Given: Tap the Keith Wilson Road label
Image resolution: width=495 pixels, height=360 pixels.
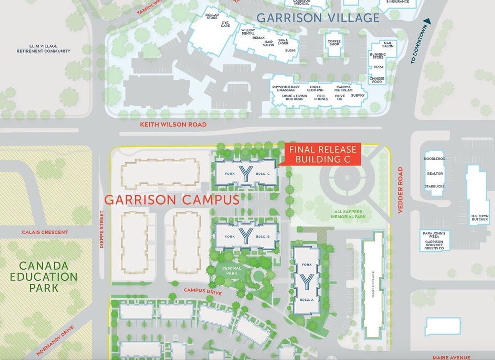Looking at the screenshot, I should tap(173, 124).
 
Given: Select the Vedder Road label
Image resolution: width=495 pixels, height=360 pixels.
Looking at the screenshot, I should tap(400, 190).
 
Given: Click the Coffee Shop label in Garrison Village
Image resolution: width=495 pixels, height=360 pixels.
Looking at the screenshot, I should tap(334, 43).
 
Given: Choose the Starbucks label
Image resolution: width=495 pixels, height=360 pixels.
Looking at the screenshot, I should tap(434, 186).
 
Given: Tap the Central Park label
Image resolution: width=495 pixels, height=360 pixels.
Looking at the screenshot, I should tap(232, 271).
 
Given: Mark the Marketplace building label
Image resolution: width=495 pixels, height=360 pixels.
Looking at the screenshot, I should tap(373, 284).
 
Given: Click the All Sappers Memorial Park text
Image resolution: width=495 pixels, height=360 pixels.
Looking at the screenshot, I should tap(348, 214).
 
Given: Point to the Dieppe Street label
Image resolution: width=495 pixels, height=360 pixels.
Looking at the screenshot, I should tap(102, 230).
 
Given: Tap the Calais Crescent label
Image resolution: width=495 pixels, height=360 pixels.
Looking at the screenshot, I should tap(45, 232).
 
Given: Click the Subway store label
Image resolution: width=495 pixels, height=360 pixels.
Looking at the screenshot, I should tap(358, 95).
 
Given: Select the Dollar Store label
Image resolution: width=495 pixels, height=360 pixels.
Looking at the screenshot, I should tap(212, 16).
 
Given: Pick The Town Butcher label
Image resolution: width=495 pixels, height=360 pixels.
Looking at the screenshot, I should tap(480, 217).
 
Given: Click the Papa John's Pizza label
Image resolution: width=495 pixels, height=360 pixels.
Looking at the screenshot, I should tap(434, 235).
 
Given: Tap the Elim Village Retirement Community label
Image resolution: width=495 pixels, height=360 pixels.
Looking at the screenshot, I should tap(43, 48).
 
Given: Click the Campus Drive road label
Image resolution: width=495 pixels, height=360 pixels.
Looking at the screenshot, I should tap(202, 291).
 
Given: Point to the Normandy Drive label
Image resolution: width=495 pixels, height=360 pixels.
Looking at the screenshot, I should tap(55, 340).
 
